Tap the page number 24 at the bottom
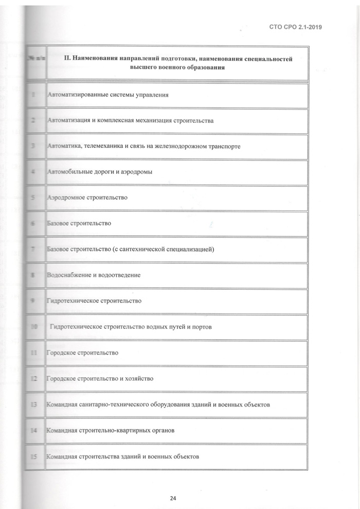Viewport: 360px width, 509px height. click(173, 498)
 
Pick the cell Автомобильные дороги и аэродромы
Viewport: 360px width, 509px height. click(99, 172)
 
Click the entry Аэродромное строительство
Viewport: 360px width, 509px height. click(87, 198)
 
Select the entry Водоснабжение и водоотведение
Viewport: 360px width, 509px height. click(94, 275)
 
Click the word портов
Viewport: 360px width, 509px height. click(200, 327)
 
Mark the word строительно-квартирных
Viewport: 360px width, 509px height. click(116, 430)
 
